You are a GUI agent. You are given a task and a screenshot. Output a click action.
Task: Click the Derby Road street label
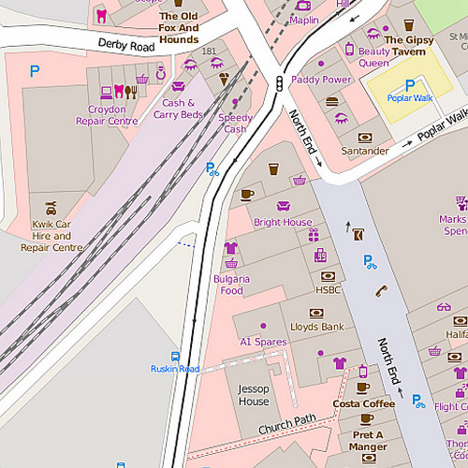point(125,45)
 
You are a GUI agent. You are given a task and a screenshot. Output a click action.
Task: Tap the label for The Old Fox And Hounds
point(178,28)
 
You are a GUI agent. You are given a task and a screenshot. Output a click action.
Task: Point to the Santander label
point(365,151)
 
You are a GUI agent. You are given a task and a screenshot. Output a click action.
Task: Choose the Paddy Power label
point(321,80)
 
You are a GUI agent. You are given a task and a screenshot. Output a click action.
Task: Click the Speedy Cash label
point(235,124)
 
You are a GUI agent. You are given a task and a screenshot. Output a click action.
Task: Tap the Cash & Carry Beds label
point(178,109)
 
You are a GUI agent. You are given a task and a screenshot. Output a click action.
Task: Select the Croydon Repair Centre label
point(107,115)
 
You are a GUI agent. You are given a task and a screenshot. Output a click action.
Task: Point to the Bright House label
point(283,223)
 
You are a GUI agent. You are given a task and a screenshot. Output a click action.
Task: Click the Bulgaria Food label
point(231,285)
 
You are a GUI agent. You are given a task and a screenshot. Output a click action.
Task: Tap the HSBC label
point(328,290)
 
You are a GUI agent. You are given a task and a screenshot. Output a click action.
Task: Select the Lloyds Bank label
point(317,327)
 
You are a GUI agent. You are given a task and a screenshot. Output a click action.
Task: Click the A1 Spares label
point(263,342)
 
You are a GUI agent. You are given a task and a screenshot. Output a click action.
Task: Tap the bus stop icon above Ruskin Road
point(175,356)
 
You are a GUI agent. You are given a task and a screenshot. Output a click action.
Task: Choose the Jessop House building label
point(253,395)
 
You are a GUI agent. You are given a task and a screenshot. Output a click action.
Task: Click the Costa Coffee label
point(364,404)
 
